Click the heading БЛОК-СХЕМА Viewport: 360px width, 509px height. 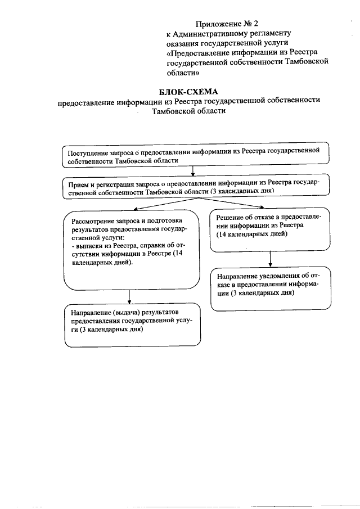click(x=188, y=91)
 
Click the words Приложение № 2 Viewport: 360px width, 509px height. click(x=227, y=24)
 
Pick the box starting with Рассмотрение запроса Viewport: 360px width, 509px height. click(x=132, y=247)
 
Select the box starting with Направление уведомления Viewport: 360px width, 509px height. click(x=269, y=288)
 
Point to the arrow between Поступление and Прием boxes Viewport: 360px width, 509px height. click(x=193, y=170)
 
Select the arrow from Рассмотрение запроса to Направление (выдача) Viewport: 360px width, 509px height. click(x=130, y=296)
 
